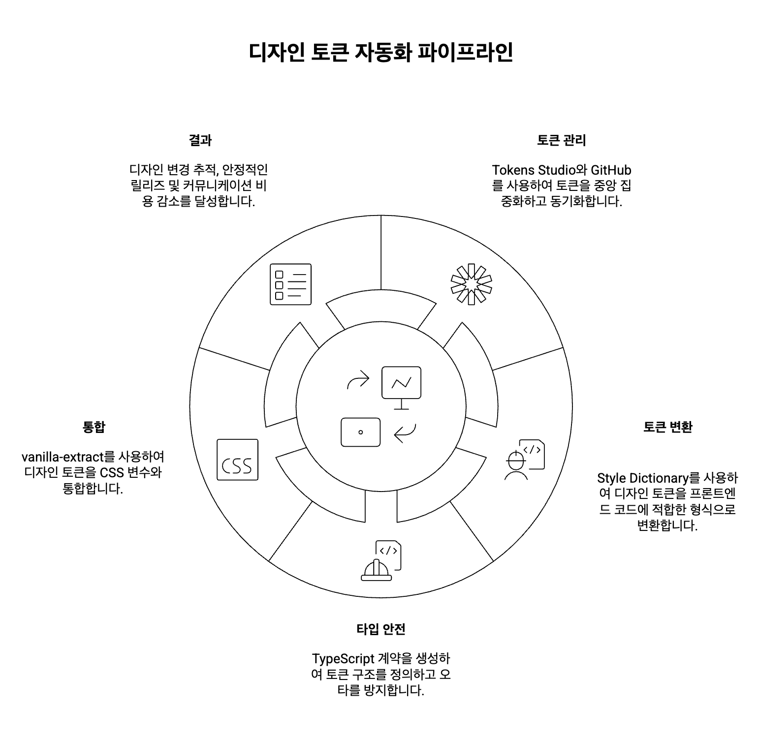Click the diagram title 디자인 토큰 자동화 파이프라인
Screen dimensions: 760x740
380,52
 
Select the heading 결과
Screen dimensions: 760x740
200,140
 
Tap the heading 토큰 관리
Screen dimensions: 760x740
561,140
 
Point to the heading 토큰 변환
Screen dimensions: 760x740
667,427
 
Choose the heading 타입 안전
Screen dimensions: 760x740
380,629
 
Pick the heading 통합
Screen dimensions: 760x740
94,427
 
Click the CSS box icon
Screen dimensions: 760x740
237,460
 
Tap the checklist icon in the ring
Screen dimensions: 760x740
290,284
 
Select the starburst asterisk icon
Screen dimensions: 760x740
471,284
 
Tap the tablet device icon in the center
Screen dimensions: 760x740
360,432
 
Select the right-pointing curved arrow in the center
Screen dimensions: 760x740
358,379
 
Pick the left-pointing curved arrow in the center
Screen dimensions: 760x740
405,433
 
